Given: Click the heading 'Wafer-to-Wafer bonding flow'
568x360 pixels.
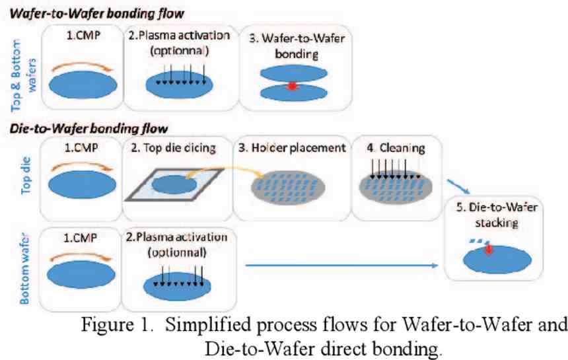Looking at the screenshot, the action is pyautogui.click(x=96, y=14).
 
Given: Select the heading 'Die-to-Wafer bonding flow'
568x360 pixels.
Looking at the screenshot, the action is pyautogui.click(x=89, y=128).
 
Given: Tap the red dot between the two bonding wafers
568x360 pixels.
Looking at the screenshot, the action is pyautogui.click(x=293, y=86).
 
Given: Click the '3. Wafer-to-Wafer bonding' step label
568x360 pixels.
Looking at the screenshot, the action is pyautogui.click(x=297, y=46).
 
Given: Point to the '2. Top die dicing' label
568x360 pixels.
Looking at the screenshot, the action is pyautogui.click(x=173, y=148).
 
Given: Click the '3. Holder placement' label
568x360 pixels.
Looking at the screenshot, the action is pyautogui.click(x=292, y=148).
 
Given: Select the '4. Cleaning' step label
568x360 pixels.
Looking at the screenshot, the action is pyautogui.click(x=396, y=148).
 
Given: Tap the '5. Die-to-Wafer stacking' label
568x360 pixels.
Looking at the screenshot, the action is pyautogui.click(x=497, y=215).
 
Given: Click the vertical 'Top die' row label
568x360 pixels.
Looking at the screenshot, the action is pyautogui.click(x=26, y=175).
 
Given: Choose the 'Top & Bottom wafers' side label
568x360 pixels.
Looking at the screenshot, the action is pyautogui.click(x=24, y=76).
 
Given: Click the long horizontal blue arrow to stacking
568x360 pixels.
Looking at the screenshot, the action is pyautogui.click(x=341, y=266).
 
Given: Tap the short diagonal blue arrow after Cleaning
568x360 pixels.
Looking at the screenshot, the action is pyautogui.click(x=458, y=187).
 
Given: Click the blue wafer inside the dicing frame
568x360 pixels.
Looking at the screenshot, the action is pyautogui.click(x=174, y=185).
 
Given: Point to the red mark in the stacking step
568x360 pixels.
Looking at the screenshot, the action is pyautogui.click(x=489, y=249).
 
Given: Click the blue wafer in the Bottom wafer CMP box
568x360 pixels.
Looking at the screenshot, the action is pyautogui.click(x=81, y=274).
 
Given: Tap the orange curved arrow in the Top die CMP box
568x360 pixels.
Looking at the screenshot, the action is pyautogui.click(x=82, y=166).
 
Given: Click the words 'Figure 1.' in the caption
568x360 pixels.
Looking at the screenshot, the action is pyautogui.click(x=116, y=324).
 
